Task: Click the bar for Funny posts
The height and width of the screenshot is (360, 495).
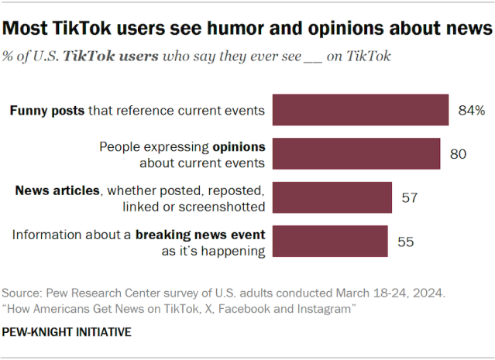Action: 361,110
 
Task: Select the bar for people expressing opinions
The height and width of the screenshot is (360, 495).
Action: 356,154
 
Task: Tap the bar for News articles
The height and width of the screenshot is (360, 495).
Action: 332,197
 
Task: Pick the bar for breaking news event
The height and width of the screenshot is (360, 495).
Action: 330,242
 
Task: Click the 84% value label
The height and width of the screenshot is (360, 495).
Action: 471,111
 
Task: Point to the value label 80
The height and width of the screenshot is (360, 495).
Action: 458,154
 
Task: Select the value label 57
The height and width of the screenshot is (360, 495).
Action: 410,198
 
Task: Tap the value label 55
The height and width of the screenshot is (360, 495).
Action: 405,242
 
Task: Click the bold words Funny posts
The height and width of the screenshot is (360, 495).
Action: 46,111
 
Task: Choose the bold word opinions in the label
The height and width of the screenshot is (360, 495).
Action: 239,146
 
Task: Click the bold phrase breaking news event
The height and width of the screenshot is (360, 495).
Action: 201,235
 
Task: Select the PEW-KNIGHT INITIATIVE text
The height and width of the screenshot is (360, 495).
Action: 67,332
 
